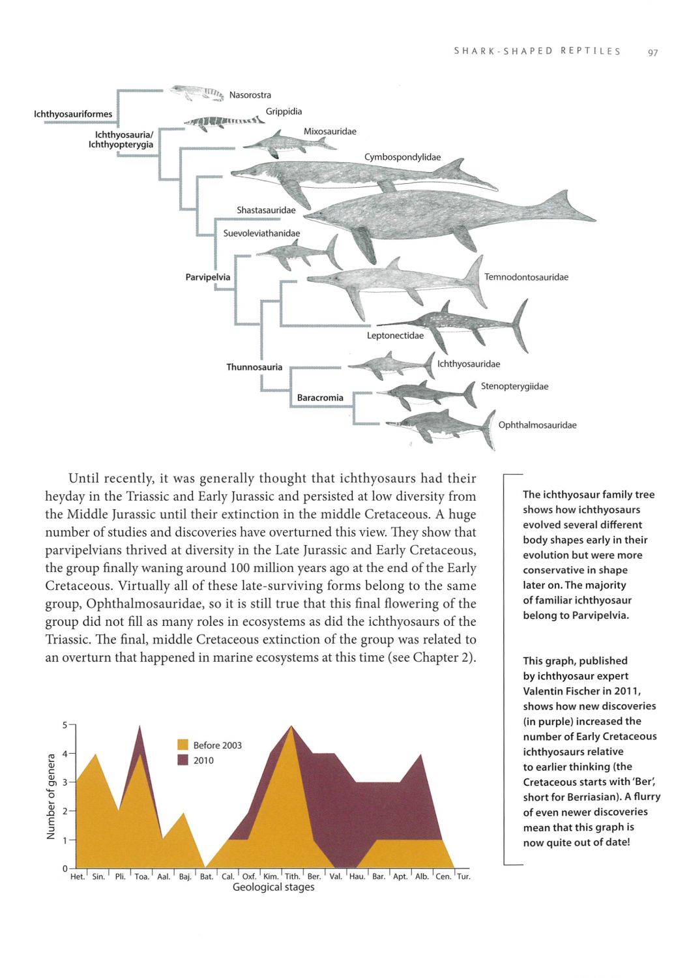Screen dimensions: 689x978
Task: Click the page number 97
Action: [x=652, y=52]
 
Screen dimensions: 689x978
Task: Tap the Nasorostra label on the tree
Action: [x=250, y=95]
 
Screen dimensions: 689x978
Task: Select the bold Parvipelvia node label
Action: [x=208, y=277]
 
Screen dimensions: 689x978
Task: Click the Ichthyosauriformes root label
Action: [x=73, y=114]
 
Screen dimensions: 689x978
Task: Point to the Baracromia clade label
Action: [x=320, y=397]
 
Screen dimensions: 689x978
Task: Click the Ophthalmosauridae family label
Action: [x=537, y=425]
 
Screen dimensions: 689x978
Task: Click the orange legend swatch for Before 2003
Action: [x=183, y=745]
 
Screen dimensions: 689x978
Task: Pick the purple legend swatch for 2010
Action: [x=183, y=760]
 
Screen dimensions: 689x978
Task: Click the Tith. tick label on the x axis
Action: [x=292, y=876]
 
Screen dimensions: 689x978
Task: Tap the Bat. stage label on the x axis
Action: [x=206, y=876]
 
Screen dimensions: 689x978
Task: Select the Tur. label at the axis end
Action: [x=463, y=876]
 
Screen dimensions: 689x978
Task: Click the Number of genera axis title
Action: [x=51, y=797]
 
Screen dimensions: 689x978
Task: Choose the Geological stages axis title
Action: [x=273, y=887]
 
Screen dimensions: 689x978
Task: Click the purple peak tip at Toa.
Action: [x=139, y=726]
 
